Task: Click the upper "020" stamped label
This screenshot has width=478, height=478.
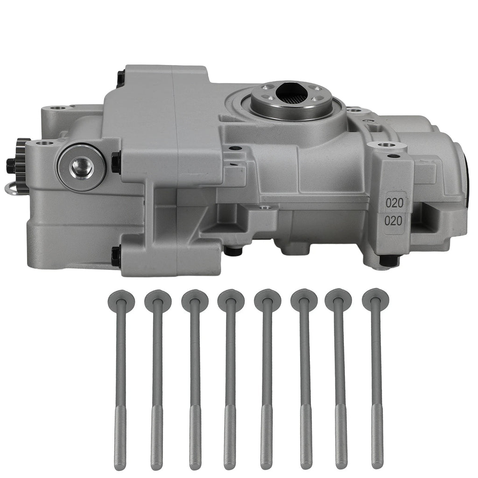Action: (x=394, y=203)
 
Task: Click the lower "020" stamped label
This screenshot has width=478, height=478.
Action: (x=394, y=220)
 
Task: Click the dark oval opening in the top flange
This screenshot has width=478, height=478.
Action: (x=290, y=91)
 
